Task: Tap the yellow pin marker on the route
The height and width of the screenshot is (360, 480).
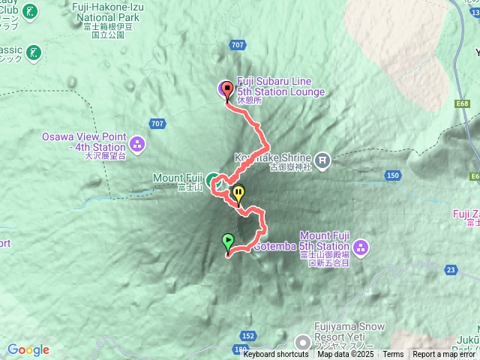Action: [x=238, y=193]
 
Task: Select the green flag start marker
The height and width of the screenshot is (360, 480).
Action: [x=228, y=241]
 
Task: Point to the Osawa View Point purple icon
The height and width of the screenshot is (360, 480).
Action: [x=136, y=142]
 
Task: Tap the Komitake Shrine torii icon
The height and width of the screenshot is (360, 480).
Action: [x=322, y=159]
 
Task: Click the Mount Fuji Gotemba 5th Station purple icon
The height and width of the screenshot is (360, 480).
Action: [x=360, y=246]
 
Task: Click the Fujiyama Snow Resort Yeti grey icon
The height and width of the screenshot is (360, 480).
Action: [x=304, y=342]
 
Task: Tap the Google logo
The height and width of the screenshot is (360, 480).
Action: [x=28, y=349]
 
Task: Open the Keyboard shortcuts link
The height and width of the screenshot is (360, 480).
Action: [x=275, y=355]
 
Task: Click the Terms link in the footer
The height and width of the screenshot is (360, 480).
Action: [x=393, y=355]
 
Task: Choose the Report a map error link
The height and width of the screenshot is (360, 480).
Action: [x=445, y=355]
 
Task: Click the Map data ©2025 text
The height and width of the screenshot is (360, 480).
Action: [x=345, y=355]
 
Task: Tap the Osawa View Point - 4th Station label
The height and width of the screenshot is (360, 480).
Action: [x=83, y=142]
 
